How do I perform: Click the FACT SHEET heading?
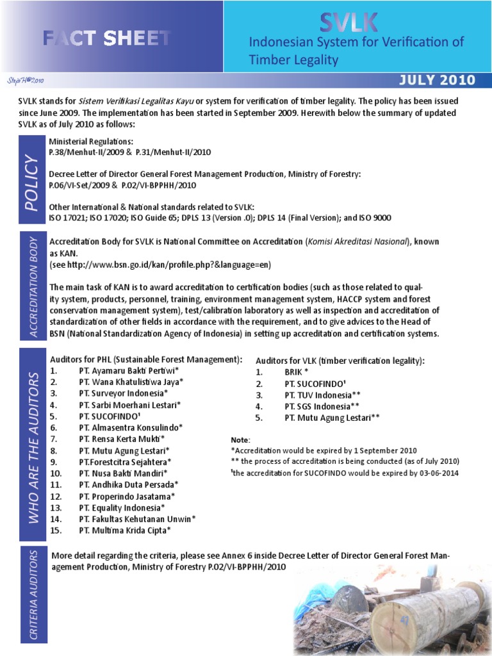[x=106, y=38]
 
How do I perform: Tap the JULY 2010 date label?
[x=437, y=80]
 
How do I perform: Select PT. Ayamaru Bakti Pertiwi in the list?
[x=129, y=370]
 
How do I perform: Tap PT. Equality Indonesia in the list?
[x=122, y=507]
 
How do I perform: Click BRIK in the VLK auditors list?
[x=297, y=372]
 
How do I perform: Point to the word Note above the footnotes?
[x=241, y=440]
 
